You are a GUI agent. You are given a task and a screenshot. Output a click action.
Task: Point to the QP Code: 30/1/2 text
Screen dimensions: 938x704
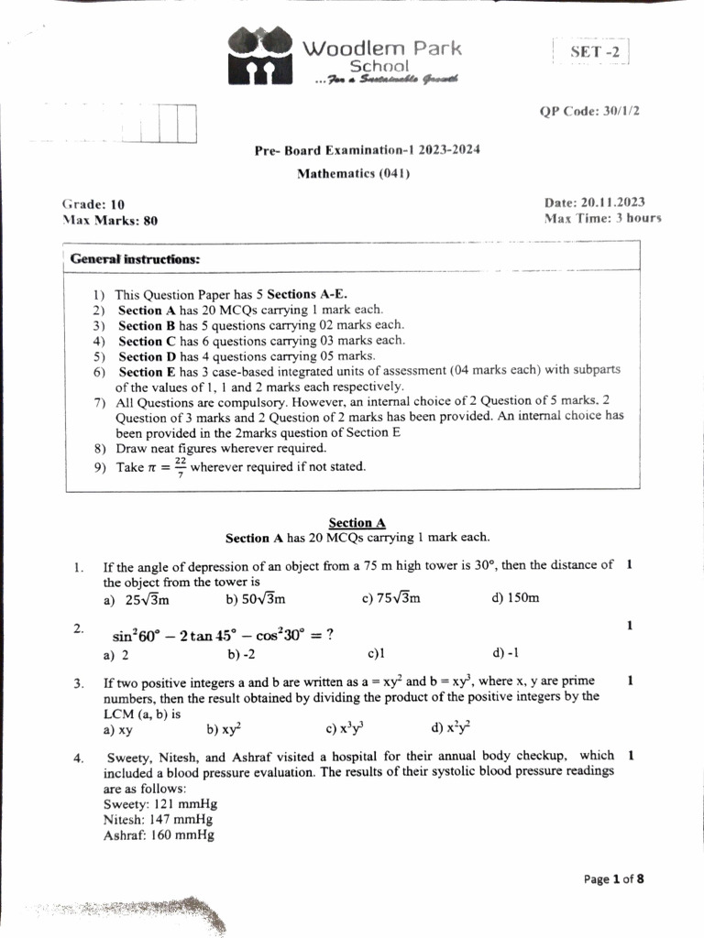click(589, 111)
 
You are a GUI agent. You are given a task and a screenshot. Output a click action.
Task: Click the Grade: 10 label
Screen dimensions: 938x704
click(93, 204)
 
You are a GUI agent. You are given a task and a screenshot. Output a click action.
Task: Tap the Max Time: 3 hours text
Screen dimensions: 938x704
click(601, 219)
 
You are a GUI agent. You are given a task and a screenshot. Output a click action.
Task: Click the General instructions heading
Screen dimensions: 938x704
click(135, 259)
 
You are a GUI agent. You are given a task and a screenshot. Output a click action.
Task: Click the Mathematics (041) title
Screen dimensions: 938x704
click(353, 173)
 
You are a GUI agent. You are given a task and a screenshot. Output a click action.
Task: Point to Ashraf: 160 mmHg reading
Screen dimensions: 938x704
click(159, 835)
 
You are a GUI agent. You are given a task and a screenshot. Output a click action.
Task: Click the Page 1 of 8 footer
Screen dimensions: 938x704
click(613, 879)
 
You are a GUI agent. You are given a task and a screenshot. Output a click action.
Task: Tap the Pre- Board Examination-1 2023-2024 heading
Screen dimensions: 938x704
click(368, 150)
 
